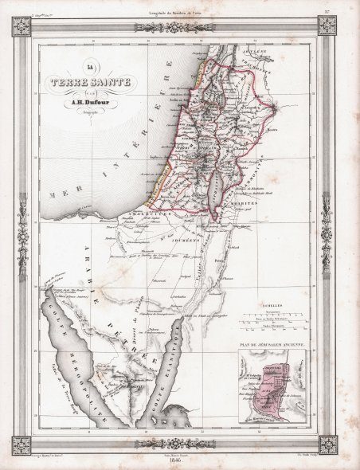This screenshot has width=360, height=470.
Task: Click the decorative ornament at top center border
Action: pyautogui.click(x=180, y=22)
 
